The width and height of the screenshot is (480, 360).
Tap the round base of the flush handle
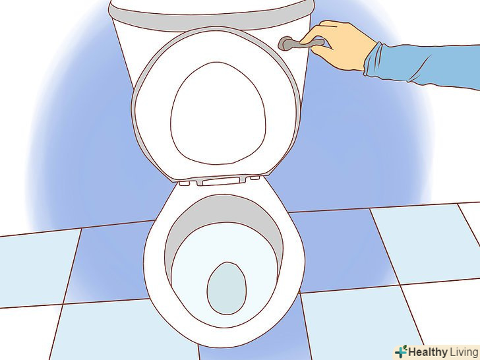[285, 43]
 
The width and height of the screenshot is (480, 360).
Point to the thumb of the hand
[313, 36]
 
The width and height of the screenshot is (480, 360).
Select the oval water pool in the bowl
[227, 288]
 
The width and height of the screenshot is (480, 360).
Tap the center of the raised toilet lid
[218, 113]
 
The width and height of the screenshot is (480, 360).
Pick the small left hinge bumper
[185, 183]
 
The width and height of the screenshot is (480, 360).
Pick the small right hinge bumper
[255, 177]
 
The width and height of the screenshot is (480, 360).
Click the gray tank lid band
[211, 17]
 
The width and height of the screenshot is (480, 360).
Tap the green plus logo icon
[401, 351]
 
